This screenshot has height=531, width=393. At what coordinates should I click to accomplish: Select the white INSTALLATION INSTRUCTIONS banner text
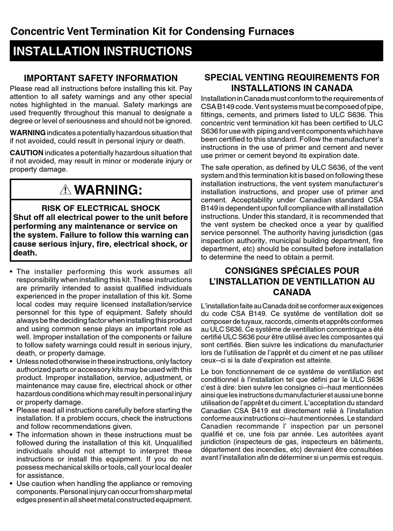click(103, 51)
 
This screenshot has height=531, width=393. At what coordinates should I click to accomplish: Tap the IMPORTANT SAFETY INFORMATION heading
click(101, 78)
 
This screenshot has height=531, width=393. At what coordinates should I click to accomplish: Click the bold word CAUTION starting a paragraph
click(26, 153)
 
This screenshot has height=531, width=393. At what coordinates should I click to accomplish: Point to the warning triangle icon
click(65, 190)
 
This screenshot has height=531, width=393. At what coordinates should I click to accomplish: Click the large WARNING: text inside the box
click(108, 190)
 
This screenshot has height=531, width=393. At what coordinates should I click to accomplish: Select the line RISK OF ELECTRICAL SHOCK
click(101, 208)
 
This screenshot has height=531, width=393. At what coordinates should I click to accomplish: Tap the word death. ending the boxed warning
click(25, 253)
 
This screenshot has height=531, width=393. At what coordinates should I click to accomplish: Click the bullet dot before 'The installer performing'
click(12, 272)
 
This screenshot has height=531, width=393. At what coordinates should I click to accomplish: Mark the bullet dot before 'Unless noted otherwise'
click(12, 361)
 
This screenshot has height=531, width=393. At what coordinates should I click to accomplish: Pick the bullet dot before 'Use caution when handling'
click(12, 483)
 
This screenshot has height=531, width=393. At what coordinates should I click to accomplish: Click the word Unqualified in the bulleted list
click(173, 442)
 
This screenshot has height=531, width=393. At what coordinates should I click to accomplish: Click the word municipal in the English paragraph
click(279, 241)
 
